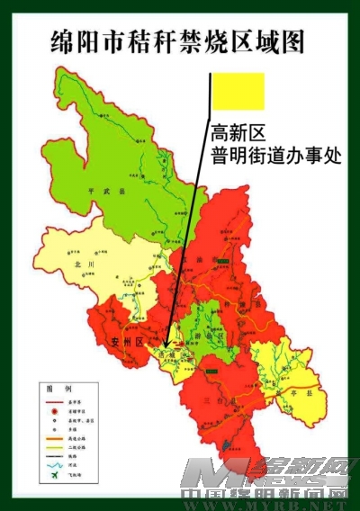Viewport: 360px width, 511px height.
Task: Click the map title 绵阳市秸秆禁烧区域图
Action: click(179, 41)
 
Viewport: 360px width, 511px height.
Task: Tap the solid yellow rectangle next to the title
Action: click(239, 91)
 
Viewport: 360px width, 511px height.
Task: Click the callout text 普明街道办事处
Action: click(276, 156)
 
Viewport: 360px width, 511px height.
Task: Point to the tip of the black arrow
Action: click(169, 348)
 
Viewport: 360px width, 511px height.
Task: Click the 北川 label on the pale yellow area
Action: click(85, 264)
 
